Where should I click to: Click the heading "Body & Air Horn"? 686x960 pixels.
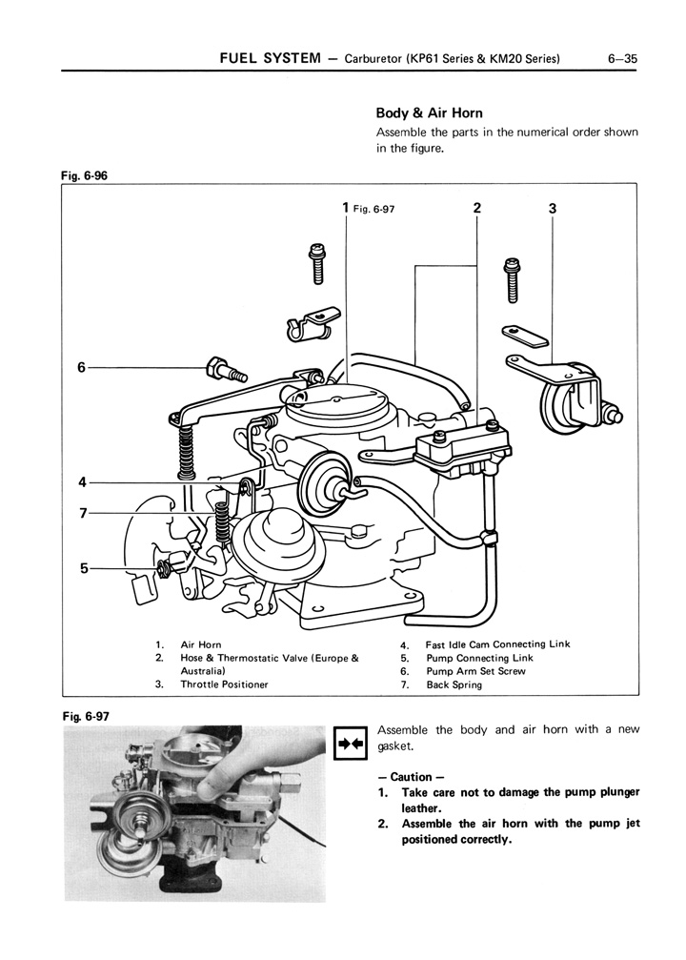pos(430,113)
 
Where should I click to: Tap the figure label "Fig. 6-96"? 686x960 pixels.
pos(82,175)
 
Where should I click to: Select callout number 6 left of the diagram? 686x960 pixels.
pos(82,367)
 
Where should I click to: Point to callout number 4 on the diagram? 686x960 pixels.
pos(83,480)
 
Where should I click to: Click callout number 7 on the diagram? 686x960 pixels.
pos(83,514)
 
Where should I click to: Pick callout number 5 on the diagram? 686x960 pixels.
pos(84,569)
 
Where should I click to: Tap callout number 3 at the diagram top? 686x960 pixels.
pos(553,209)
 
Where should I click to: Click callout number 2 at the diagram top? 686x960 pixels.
pos(476,208)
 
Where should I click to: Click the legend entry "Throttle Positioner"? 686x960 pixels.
pos(224,684)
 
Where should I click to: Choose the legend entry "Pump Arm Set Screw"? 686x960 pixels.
pos(475,671)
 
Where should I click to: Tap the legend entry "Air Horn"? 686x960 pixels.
pos(201,644)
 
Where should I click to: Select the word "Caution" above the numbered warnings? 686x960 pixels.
pos(411,777)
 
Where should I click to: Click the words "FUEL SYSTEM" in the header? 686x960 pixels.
pos(271,59)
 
